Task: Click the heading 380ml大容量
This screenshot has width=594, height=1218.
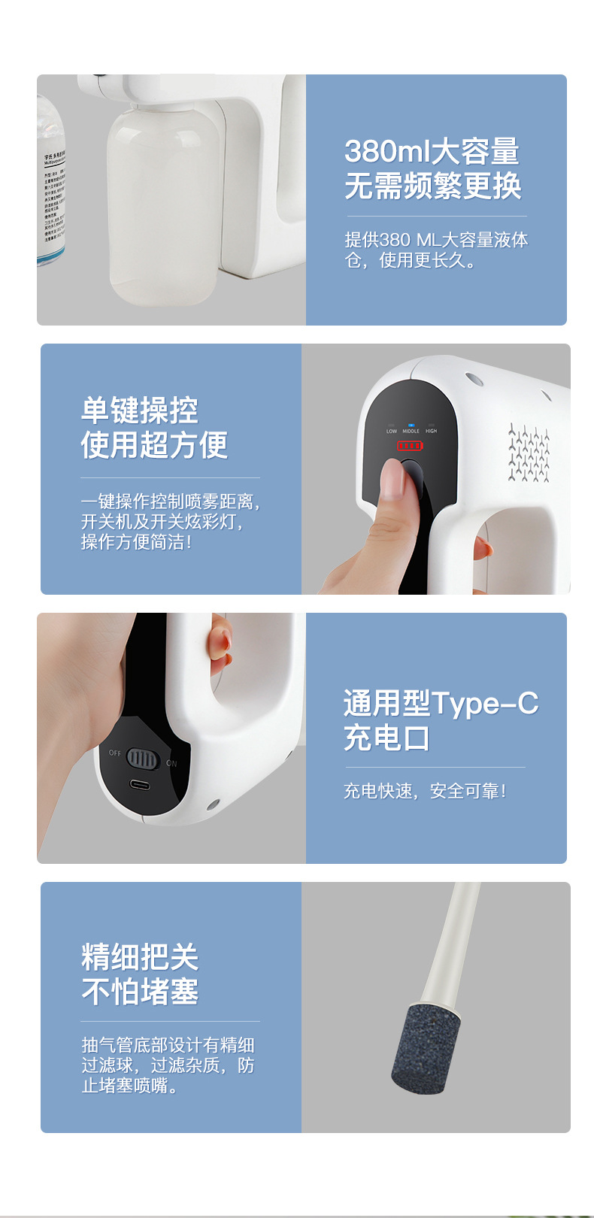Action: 432,151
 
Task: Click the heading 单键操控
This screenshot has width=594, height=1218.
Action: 140,411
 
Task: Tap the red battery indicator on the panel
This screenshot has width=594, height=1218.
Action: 410,446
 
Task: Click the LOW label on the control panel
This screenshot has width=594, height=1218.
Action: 392,431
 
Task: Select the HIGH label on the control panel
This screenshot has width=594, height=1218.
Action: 431,431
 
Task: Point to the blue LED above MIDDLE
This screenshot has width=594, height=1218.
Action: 411,425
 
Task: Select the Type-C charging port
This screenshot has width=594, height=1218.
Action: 139,785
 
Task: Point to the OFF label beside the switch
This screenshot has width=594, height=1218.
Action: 114,753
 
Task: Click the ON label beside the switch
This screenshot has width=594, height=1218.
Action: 171,763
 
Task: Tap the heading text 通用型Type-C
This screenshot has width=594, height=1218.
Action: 441,703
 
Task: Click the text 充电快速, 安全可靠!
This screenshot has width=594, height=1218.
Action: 425,791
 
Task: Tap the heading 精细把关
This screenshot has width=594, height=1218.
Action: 140,957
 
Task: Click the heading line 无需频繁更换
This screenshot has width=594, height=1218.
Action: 432,186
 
